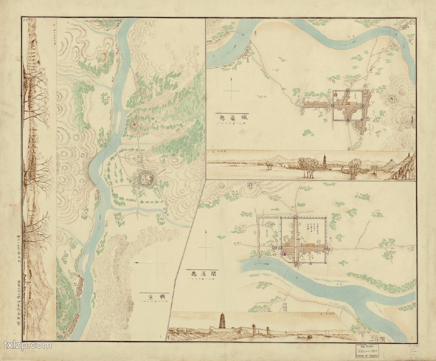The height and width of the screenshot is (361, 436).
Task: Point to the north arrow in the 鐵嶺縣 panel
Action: (x=231, y=90)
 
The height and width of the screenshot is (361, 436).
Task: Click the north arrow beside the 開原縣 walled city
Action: (x=206, y=245)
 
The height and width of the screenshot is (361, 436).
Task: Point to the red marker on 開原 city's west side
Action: (x=284, y=254)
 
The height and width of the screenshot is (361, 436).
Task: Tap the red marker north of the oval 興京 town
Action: (x=135, y=124)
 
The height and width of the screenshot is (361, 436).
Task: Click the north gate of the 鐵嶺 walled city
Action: (x=347, y=90)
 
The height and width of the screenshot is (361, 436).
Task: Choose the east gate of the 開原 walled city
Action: (x=327, y=247)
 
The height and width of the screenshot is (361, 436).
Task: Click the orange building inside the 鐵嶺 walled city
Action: (x=348, y=103)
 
